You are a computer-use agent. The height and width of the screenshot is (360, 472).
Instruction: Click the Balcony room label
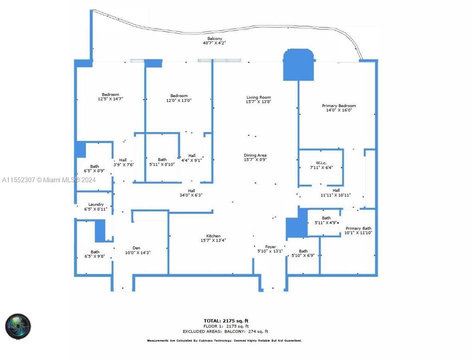[215, 38]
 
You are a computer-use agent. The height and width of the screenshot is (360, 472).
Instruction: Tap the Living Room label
[258, 97]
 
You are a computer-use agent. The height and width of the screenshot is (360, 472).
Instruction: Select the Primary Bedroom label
[339, 106]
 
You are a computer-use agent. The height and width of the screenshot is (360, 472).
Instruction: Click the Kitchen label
[213, 236]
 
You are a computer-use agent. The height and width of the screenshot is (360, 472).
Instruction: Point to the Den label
[136, 248]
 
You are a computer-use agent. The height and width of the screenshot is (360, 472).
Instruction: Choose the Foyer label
[270, 246]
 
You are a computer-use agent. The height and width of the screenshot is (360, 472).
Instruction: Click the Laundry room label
[96, 204]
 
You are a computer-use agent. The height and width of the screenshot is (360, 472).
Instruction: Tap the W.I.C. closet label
[321, 162]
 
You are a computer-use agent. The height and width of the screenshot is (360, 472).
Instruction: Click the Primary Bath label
[359, 228]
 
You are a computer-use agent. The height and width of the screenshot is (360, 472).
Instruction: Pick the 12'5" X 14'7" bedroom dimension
[110, 99]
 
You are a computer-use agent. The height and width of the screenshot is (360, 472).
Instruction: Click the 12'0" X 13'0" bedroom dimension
[179, 100]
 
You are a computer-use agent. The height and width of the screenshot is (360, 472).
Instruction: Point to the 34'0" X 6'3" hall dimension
[191, 195]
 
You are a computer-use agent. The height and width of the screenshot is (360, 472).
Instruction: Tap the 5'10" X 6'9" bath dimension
[303, 256]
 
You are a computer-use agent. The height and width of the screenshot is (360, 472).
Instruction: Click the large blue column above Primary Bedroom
[299, 64]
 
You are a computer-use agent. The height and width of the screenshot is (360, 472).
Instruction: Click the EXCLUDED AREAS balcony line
[225, 331]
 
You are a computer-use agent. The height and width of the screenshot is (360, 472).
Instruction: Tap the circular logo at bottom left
[18, 326]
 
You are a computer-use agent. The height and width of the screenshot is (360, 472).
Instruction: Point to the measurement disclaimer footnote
[224, 340]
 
